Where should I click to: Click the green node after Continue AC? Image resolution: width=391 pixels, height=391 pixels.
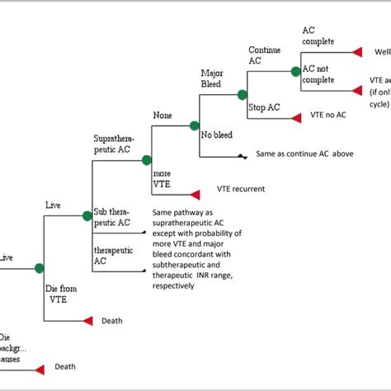tap(295, 72)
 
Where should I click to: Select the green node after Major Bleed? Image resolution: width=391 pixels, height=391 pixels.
tap(243, 95)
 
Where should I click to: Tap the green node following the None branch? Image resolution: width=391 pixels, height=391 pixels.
tap(195, 126)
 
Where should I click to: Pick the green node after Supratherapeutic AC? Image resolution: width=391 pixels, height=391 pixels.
tap(147, 160)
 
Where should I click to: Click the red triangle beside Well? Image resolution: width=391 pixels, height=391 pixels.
tap(357, 52)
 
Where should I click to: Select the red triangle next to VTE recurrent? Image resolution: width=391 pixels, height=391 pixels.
tap(195, 195)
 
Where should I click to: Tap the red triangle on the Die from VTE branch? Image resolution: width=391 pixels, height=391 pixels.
tap(87, 320)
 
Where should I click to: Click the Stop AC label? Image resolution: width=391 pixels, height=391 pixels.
tap(263, 107)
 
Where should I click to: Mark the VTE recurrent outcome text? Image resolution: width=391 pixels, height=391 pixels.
tap(241, 189)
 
